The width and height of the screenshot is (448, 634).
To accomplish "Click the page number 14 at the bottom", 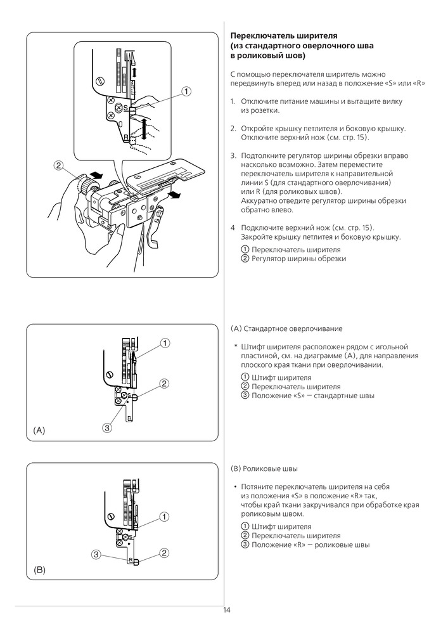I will point(226,611).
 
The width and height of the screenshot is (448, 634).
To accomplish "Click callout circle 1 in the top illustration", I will point(186,91).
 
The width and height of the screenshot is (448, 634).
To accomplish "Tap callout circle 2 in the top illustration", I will point(58,166).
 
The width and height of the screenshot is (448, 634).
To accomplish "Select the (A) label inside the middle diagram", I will point(39,430).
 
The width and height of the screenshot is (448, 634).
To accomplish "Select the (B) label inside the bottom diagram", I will point(39,570).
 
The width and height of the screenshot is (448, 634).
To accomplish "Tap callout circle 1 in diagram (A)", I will point(164,343).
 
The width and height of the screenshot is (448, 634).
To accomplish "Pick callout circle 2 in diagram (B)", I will point(164,553).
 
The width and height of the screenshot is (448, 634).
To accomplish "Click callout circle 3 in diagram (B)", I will point(96,553).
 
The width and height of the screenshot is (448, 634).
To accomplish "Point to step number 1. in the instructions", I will point(233,101).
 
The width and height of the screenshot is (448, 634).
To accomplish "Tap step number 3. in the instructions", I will point(233,155).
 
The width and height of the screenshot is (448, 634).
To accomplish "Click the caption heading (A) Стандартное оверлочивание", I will point(286,329).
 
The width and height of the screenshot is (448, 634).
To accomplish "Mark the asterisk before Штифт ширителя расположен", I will point(235,347).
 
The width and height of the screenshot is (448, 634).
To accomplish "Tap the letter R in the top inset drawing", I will point(127,137).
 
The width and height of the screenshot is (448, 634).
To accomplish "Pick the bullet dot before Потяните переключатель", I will point(235,486).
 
